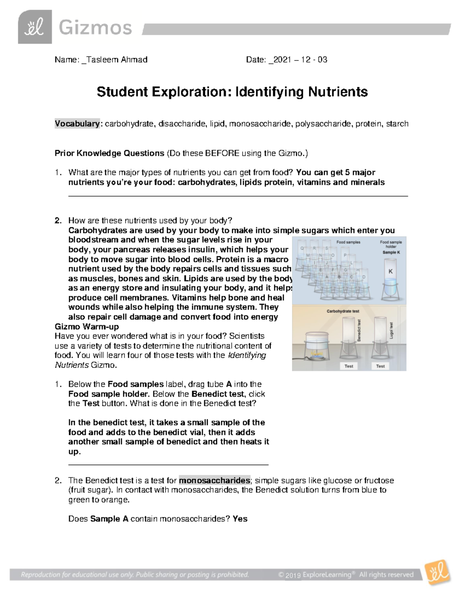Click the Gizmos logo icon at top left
(34, 27)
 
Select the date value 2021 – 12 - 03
(300, 60)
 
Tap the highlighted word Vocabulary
(77, 124)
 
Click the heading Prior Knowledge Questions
(109, 153)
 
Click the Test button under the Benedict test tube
(349, 366)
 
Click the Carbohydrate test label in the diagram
(343, 311)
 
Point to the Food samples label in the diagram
(348, 242)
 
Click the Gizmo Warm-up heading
(87, 326)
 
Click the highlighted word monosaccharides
(215, 481)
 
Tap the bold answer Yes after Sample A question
(240, 519)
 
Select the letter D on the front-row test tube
(363, 277)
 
